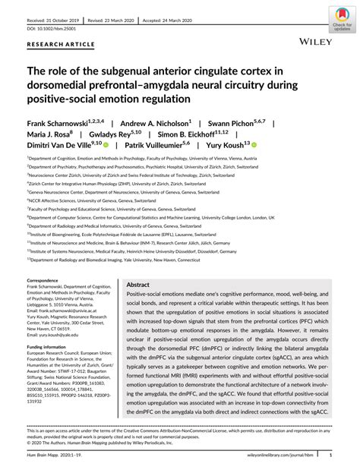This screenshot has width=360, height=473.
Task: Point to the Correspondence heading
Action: tap(46, 280)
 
